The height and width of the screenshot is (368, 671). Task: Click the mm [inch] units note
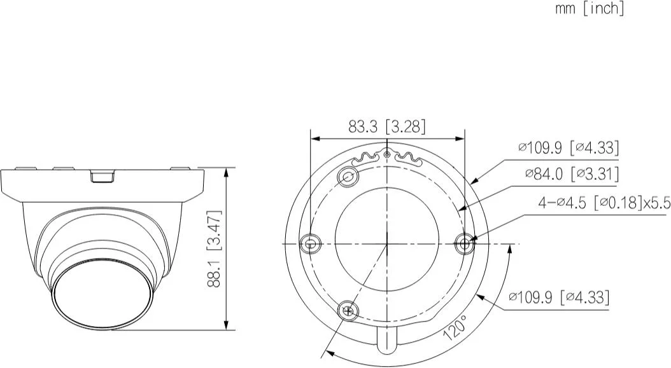(x=590, y=8)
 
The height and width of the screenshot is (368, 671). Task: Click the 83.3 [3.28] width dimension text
(x=386, y=126)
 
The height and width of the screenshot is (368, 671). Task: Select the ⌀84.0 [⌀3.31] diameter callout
(x=572, y=174)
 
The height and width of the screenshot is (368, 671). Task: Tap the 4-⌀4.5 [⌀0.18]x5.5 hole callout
(x=604, y=203)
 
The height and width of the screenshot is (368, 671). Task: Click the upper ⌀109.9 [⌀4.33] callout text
(x=568, y=147)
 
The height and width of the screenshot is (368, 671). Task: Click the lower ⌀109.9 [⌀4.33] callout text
(x=558, y=297)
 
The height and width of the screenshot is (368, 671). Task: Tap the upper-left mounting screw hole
(x=348, y=177)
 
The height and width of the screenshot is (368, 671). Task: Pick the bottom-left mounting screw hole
(x=348, y=310)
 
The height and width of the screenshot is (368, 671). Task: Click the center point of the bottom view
(x=387, y=243)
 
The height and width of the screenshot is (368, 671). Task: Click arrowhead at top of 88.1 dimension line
(x=227, y=171)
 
